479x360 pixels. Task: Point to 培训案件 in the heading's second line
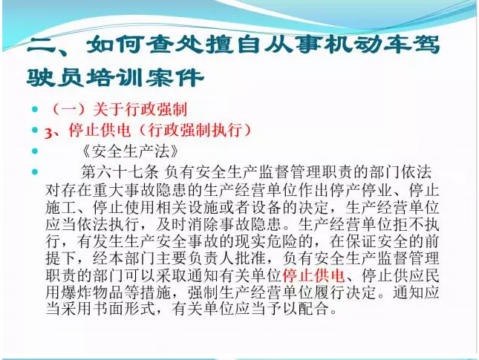146,78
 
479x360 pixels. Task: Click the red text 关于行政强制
140,109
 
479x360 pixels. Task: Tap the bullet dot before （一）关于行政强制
35,109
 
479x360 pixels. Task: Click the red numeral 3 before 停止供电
48,133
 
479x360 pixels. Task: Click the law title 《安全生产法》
130,151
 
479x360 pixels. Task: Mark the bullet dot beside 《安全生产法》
35,151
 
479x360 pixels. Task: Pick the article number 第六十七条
120,172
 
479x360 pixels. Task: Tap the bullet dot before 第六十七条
35,172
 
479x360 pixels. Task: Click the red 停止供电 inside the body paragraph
313,275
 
